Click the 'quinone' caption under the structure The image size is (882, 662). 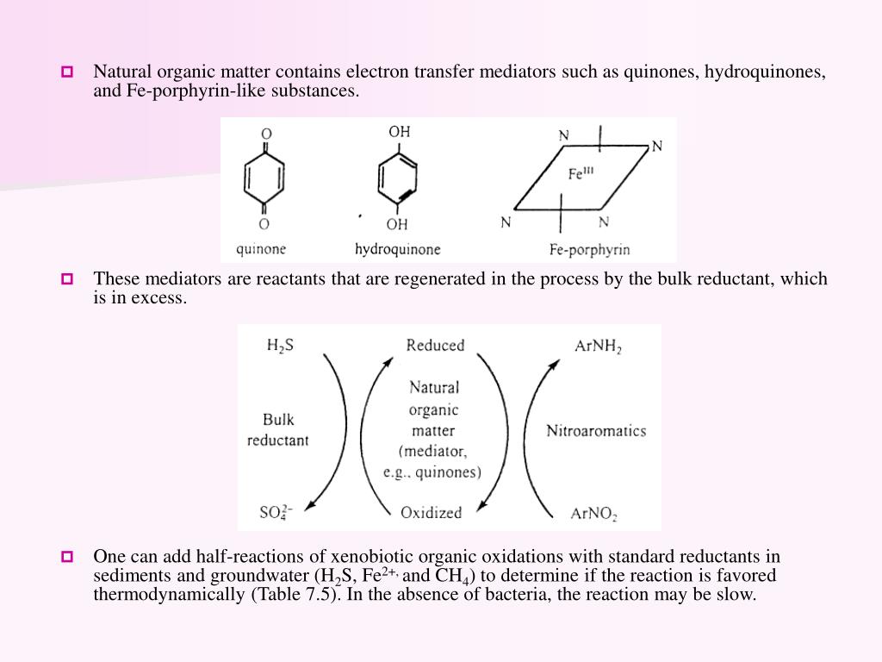262,249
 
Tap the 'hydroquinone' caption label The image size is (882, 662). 398,249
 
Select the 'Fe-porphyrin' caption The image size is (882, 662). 589,250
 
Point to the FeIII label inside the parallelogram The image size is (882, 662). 581,173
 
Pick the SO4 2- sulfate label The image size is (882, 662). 276,513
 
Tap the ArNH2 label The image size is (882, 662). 598,347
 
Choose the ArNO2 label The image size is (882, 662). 593,515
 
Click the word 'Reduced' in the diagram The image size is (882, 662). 435,346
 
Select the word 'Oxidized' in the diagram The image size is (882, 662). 432,512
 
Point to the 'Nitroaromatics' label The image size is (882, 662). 596,430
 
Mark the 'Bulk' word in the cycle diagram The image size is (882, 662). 278,420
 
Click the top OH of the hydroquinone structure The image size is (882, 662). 399,132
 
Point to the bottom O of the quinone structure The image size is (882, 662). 265,224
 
